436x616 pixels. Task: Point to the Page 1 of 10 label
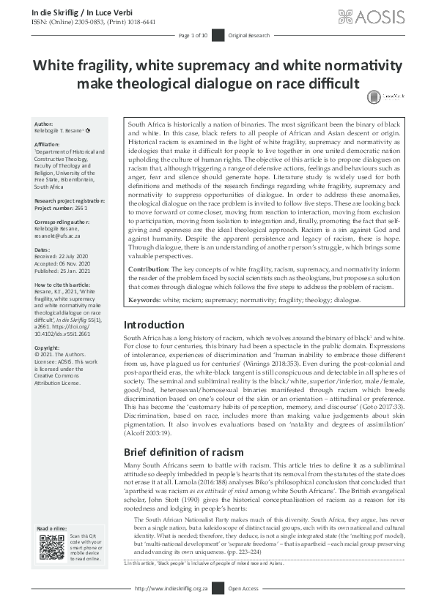click(193, 35)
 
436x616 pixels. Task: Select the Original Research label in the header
click(249, 35)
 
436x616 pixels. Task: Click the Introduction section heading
click(153, 324)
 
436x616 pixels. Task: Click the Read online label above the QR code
click(52, 527)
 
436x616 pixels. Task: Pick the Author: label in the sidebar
click(44, 125)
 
